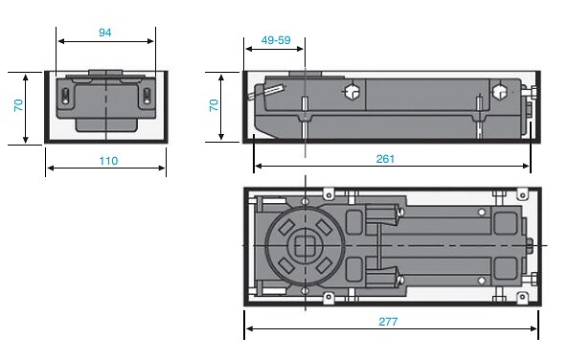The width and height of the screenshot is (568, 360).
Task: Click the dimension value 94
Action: pyautogui.click(x=105, y=33)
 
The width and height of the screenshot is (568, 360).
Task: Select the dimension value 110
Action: pyautogui.click(x=108, y=161)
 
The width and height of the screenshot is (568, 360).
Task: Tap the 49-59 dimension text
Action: pyautogui.click(x=276, y=40)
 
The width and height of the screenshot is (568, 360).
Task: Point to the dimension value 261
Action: pyautogui.click(x=385, y=159)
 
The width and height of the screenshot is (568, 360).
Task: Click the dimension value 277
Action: pyautogui.click(x=388, y=322)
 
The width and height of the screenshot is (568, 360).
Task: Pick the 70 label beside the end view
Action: pyautogui.click(x=18, y=105)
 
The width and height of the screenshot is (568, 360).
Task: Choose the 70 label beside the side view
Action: pyautogui.click(x=214, y=105)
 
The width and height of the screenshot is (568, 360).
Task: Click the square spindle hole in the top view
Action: pyautogui.click(x=302, y=245)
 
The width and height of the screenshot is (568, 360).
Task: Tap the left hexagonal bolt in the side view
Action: pyautogui.click(x=351, y=92)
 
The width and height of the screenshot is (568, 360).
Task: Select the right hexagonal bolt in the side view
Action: pyautogui.click(x=499, y=92)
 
